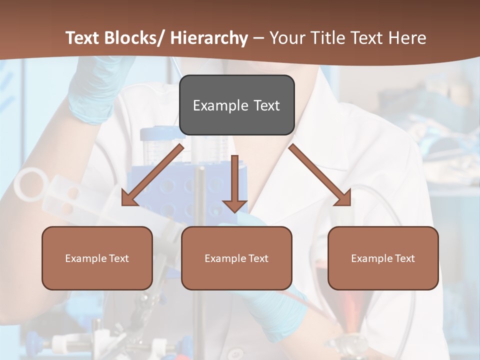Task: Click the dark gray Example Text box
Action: [x=236, y=105]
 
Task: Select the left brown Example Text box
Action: [x=97, y=258]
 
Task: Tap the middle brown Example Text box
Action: [x=236, y=258]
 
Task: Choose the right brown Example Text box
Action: [x=383, y=258]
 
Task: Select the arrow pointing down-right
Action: [x=320, y=175]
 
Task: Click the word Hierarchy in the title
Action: [x=209, y=38]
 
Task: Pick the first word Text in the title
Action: [x=83, y=38]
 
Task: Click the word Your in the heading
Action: [x=287, y=38]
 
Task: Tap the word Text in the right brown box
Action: [x=405, y=258]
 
